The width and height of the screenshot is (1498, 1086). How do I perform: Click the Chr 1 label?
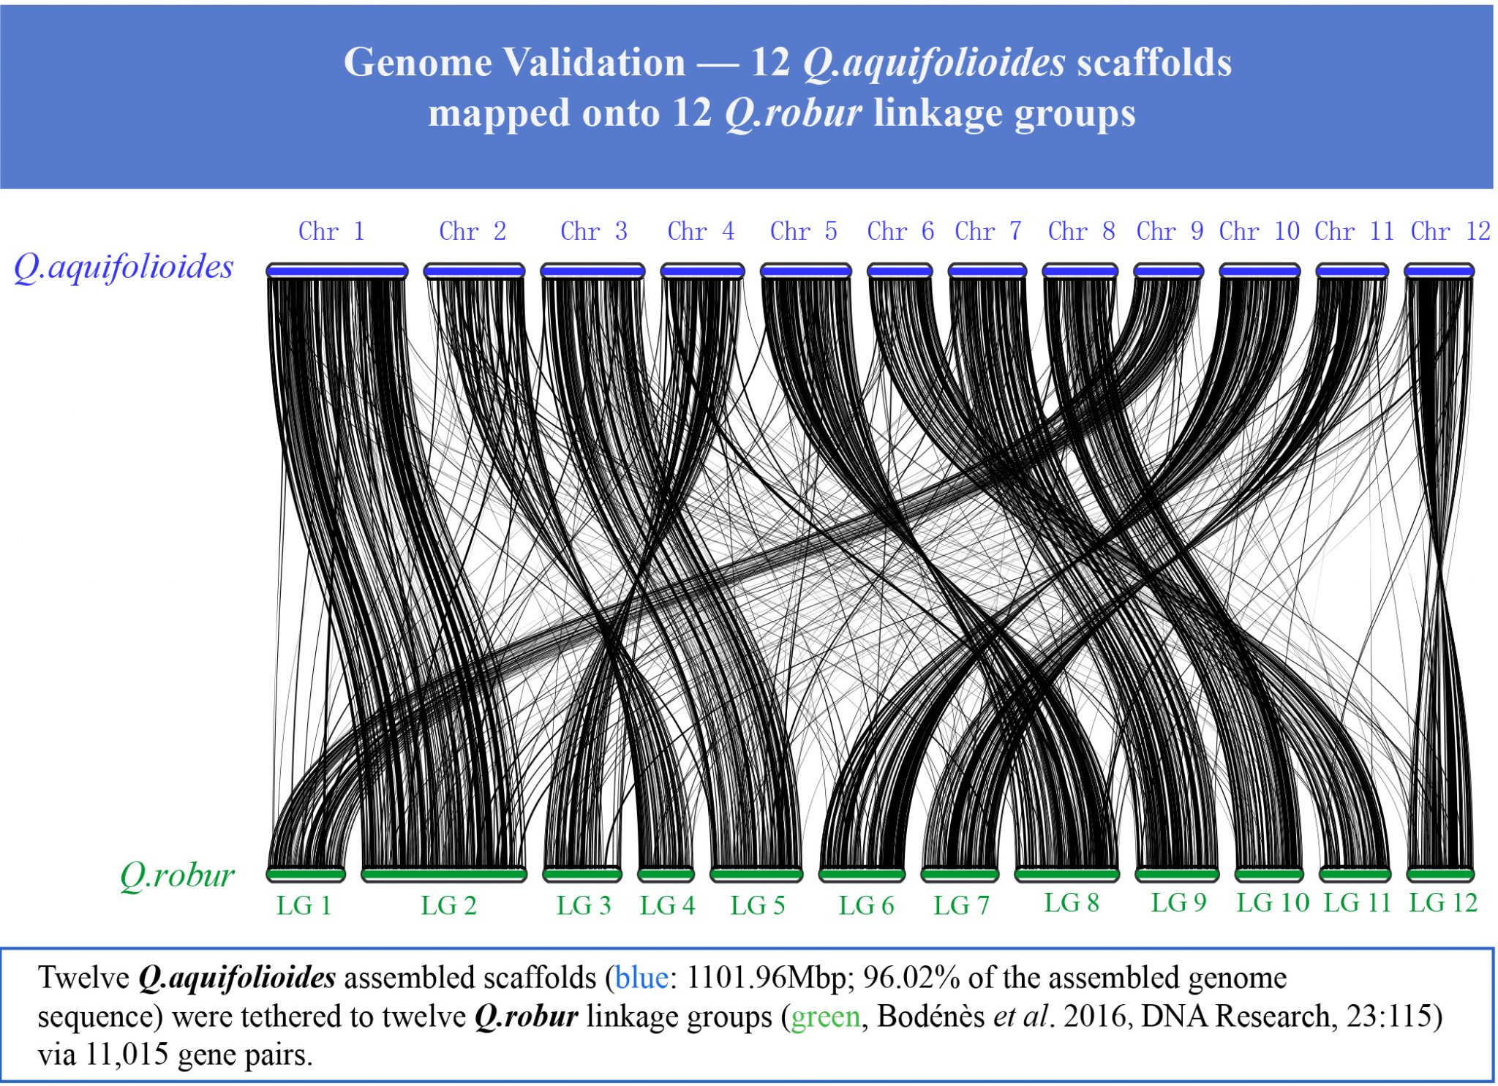point(331,231)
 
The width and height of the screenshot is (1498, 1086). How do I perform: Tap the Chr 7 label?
point(988,231)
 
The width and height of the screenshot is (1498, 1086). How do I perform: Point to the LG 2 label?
point(448,905)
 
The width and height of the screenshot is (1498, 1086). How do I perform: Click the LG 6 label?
point(866,905)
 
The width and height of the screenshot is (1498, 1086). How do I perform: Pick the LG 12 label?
point(1443,902)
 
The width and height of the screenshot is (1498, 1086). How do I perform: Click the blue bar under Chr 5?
point(805,271)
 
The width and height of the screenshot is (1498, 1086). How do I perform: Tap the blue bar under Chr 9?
point(1168,271)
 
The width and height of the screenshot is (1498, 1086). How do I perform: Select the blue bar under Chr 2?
point(474,271)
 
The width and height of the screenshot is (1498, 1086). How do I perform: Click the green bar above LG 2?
point(444,874)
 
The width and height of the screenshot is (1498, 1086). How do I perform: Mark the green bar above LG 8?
point(1066,874)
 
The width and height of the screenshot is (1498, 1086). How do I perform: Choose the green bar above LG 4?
point(666,874)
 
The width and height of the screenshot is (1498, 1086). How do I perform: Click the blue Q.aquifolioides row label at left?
point(124,267)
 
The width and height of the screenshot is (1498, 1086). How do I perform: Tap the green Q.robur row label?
point(177,875)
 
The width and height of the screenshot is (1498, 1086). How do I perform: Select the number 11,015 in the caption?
point(127,1055)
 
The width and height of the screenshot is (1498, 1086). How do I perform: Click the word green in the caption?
point(826,1017)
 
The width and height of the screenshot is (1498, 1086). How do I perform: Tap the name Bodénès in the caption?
point(930,1017)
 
